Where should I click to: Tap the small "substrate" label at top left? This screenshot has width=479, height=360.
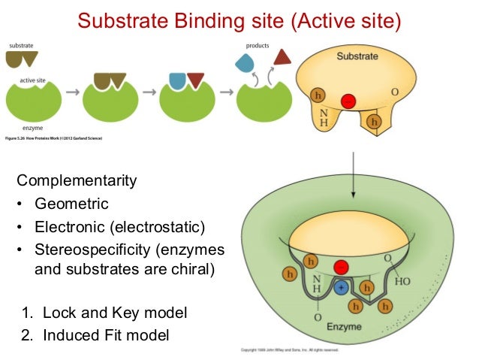(x=21, y=46)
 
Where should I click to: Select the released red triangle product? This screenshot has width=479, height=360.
(x=283, y=57)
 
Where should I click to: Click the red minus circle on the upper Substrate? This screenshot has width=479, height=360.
(x=348, y=101)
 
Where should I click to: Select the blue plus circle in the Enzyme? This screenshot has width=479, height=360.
(x=342, y=286)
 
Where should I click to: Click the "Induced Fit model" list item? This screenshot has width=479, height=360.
(x=105, y=334)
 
